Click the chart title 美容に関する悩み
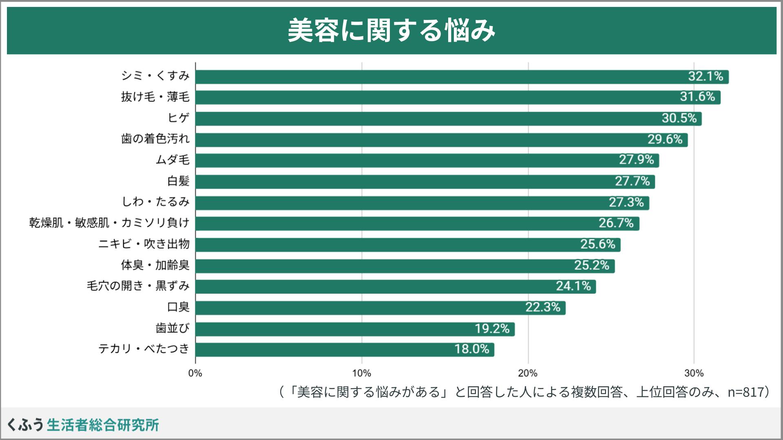(x=391, y=31)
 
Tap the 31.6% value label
(x=697, y=97)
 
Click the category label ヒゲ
(x=179, y=118)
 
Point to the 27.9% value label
(x=636, y=160)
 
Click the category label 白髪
(x=179, y=181)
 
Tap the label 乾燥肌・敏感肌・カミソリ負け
(x=109, y=223)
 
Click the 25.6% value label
(x=598, y=244)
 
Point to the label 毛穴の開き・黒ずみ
(x=138, y=286)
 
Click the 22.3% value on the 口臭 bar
(x=543, y=307)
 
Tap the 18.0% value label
(x=472, y=349)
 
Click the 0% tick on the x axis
(x=195, y=373)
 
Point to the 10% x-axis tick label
(x=362, y=373)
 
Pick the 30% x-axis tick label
(x=694, y=373)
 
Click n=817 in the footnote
(x=745, y=392)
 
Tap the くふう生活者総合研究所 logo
(x=83, y=425)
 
